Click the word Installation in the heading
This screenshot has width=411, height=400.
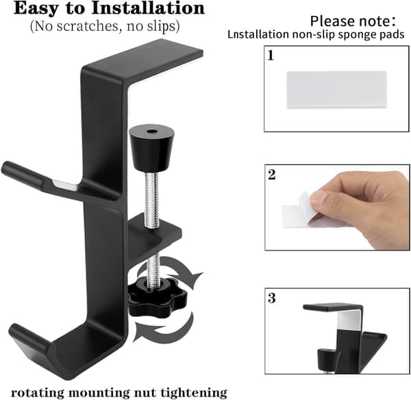point(147,8)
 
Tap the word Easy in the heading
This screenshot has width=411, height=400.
point(36,9)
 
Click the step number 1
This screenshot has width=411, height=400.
point(271,56)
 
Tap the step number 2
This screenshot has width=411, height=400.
point(271,174)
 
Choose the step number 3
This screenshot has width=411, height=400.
point(271,298)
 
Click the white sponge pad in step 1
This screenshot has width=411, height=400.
point(336,90)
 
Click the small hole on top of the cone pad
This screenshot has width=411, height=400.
point(151,131)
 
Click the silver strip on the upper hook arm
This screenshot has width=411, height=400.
point(66,185)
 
